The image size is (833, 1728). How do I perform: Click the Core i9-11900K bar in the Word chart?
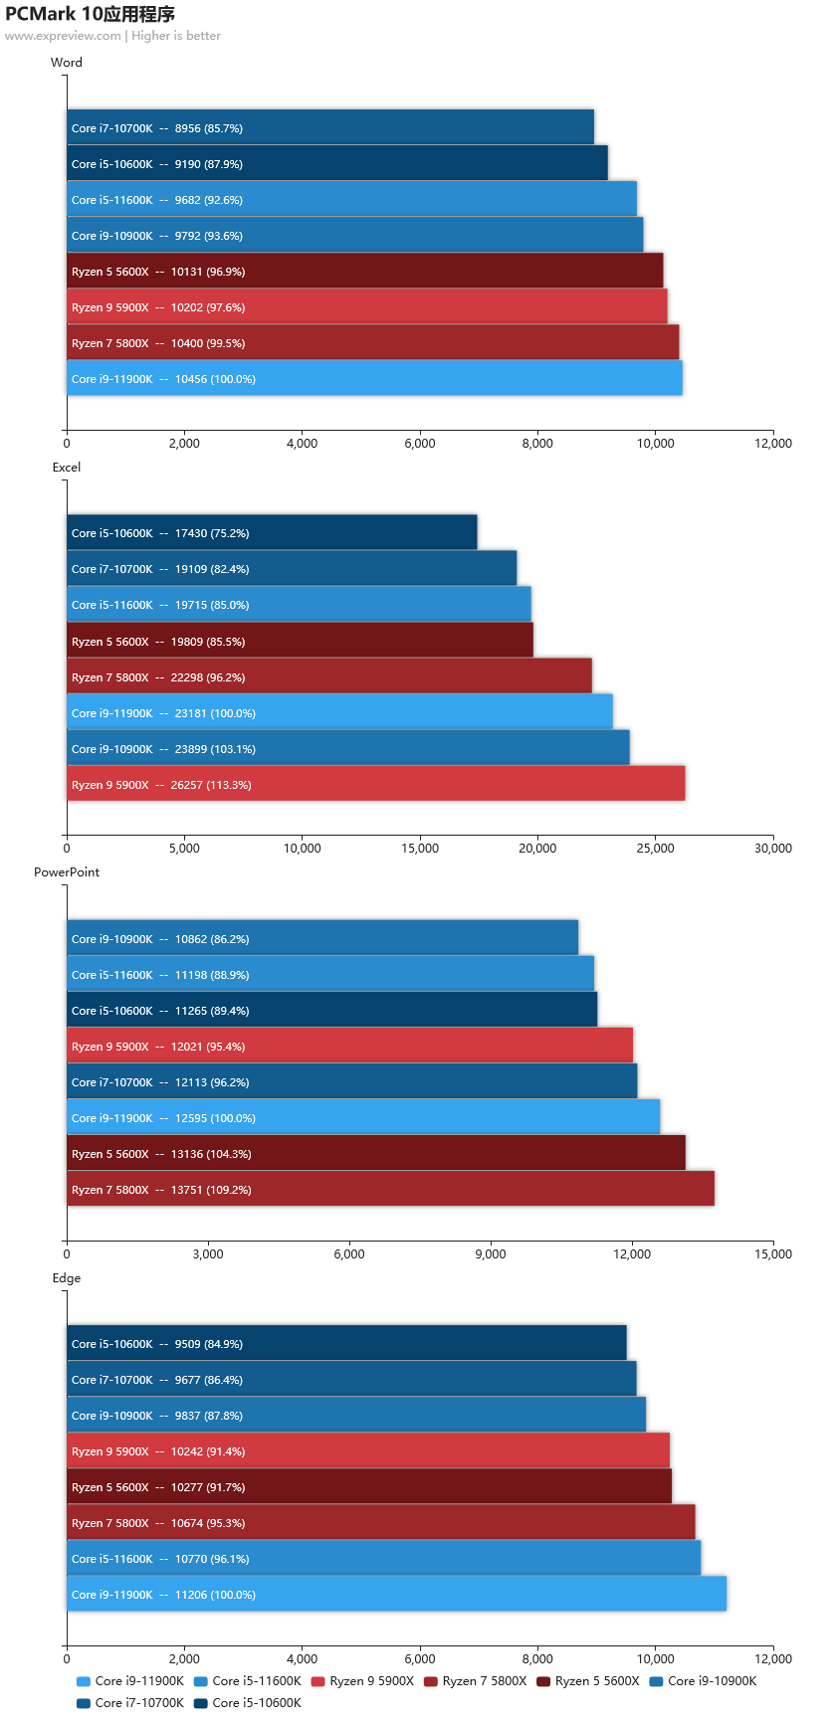pyautogui.click(x=374, y=378)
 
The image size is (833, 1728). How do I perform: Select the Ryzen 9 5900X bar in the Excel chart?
pyautogui.click(x=376, y=784)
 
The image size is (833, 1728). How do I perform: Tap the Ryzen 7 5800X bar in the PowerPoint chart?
pyautogui.click(x=391, y=1189)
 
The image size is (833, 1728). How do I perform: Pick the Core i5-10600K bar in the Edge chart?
pyautogui.click(x=347, y=1343)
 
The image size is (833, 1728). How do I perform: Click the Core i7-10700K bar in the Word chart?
pyautogui.click(x=330, y=127)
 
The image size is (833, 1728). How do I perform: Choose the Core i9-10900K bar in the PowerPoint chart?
pyautogui.click(x=322, y=938)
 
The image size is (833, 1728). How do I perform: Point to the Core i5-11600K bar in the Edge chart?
pyautogui.click(x=384, y=1558)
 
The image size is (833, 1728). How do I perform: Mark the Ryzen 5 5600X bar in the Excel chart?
pyautogui.click(x=301, y=641)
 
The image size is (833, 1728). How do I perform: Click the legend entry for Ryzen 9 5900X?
pyautogui.click(x=362, y=1681)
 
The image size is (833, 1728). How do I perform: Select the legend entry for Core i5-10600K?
pyautogui.click(x=248, y=1703)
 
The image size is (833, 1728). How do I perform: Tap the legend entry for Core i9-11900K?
pyautogui.click(x=130, y=1681)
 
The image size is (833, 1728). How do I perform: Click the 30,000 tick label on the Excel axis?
pyautogui.click(x=773, y=849)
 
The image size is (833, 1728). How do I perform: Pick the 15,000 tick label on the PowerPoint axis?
pyautogui.click(x=773, y=1254)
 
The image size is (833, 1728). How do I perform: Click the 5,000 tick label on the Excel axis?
pyautogui.click(x=184, y=849)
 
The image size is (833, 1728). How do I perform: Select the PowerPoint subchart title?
pyautogui.click(x=67, y=872)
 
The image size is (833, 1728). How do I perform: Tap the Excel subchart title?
pyautogui.click(x=67, y=468)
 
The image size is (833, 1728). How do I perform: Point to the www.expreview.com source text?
pyautogui.click(x=63, y=36)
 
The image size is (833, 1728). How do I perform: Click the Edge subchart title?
pyautogui.click(x=67, y=1278)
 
